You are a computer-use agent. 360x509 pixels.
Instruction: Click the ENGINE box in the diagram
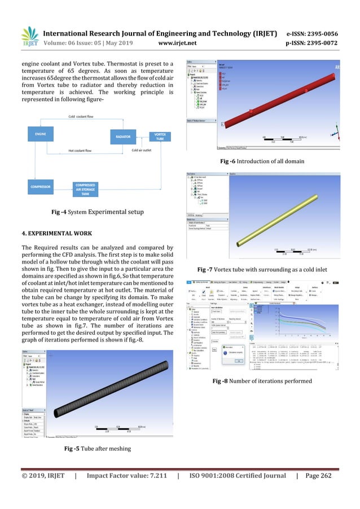click(x=40, y=134)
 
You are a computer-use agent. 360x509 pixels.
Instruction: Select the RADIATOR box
click(x=123, y=137)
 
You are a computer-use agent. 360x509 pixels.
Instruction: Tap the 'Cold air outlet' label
click(x=142, y=151)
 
